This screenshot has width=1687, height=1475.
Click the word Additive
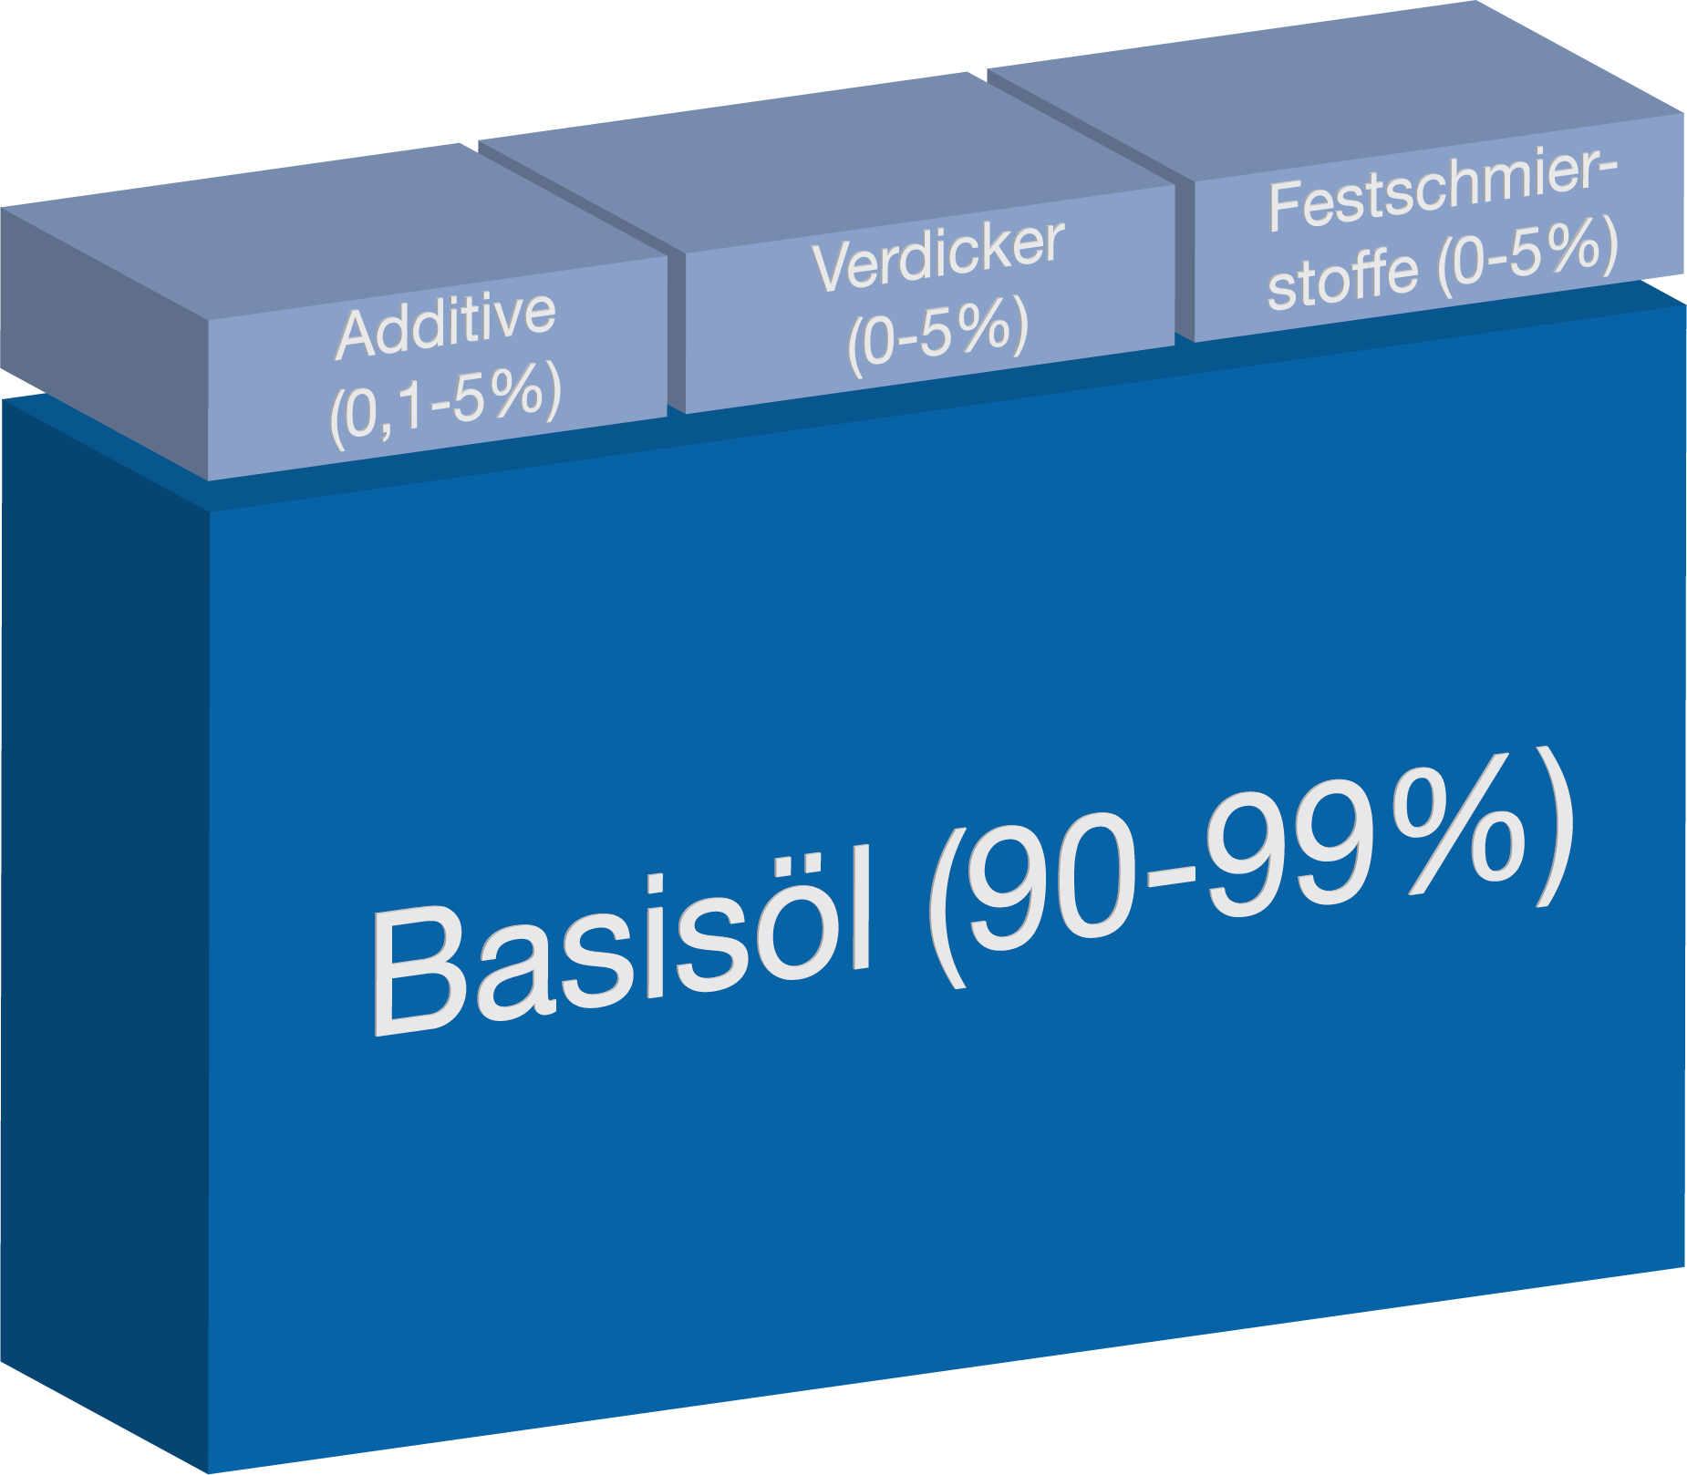tap(446, 325)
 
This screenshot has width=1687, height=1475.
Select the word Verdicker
tap(937, 255)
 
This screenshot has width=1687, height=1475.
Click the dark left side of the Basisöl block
tap(100, 912)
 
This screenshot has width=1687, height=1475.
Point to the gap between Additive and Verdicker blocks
tap(675, 333)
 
